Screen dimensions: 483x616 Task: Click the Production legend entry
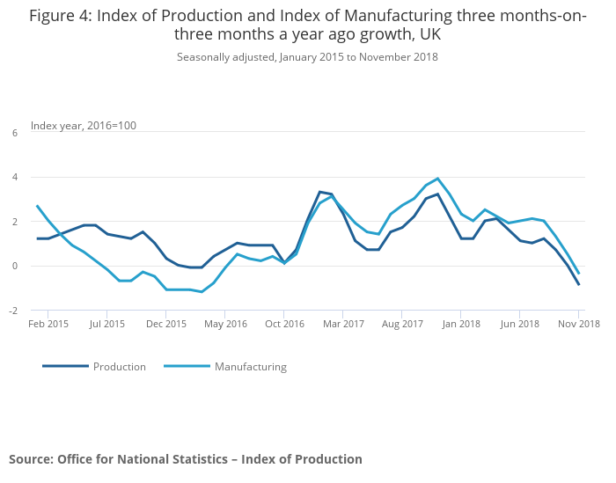pos(119,367)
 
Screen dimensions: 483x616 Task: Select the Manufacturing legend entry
pos(250,367)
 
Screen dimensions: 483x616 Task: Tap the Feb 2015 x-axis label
pos(48,324)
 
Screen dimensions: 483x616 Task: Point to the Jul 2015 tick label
pos(106,324)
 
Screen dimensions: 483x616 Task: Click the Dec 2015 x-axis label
pos(166,324)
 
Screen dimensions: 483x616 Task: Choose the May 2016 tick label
pos(225,324)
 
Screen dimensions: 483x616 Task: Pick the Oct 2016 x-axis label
pos(284,324)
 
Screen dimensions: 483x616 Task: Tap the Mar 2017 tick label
pos(343,324)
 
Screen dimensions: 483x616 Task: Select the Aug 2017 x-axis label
pos(402,324)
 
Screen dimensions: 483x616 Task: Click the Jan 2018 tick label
pos(461,324)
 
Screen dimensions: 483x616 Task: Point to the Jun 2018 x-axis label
pos(520,324)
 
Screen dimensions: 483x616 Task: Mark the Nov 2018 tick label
pos(579,324)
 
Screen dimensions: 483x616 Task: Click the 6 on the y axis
pos(15,133)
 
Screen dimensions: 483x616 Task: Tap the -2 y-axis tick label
pos(13,311)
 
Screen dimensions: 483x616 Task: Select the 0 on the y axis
pos(15,266)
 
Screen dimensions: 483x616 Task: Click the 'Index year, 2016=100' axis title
pos(84,126)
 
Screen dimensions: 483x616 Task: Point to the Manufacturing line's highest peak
pos(437,179)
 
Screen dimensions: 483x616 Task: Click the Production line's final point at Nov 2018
pos(579,284)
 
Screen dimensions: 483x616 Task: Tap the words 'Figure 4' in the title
pos(61,16)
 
